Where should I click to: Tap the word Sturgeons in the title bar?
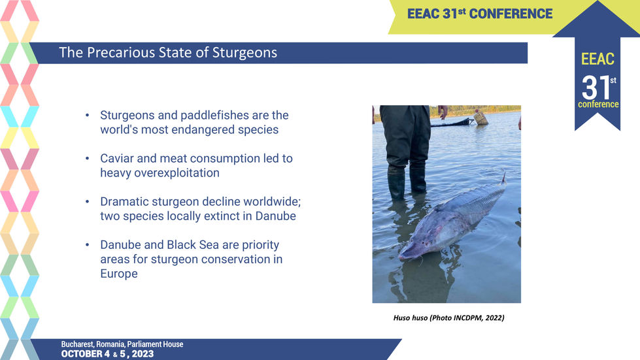pos(244,53)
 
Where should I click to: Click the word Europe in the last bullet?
pos(119,274)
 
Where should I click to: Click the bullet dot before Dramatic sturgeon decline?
pos(88,202)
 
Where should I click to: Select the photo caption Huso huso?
pos(410,318)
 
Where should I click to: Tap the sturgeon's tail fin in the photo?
pos(503,178)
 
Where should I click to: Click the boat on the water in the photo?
pos(452,122)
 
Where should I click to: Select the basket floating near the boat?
pos(480,118)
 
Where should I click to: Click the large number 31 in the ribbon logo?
pos(596,88)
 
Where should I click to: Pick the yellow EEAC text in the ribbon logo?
pos(598,59)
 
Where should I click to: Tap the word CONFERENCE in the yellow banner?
pos(511,14)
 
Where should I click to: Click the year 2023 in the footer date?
pos(143,354)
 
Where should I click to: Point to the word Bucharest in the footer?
pos(78,344)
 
